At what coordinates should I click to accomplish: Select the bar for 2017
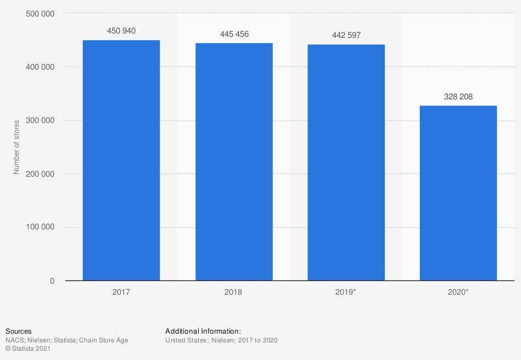point(121,160)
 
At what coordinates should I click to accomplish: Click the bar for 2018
point(234,162)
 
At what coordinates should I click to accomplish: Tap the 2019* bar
point(346,162)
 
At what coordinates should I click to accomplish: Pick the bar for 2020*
point(458,193)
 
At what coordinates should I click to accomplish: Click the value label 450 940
point(121,31)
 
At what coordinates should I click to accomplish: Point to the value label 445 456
point(234,34)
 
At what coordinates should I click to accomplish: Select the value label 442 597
point(346,36)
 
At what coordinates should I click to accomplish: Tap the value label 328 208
point(458,97)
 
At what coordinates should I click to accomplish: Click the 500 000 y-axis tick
point(40,14)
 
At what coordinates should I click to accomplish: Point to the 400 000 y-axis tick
point(40,67)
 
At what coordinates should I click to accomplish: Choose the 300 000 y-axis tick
point(40,121)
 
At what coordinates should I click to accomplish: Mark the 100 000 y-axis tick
point(40,227)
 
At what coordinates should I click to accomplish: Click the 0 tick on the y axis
point(52,281)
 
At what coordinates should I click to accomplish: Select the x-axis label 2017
point(121,292)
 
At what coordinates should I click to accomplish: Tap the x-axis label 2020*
point(458,292)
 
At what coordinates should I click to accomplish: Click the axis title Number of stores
point(16,147)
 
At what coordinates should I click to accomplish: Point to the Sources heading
point(18,331)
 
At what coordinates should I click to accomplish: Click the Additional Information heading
point(203,331)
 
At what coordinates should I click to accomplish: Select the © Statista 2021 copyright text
point(28,349)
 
